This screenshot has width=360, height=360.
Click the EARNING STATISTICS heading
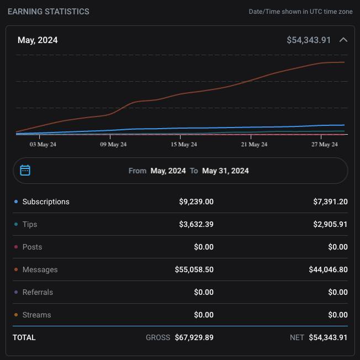48,12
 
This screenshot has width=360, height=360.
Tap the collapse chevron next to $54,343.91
343,40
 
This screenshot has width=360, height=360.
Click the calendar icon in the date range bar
25,170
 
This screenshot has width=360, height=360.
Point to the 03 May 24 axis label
43,144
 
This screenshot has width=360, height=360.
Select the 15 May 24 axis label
184,144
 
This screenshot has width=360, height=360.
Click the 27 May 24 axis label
325,144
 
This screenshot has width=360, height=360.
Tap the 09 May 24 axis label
113,144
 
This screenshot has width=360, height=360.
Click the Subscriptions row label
46,202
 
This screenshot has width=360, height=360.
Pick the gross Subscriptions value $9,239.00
196,202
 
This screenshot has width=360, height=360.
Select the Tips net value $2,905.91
330,224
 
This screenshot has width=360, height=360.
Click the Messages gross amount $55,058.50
194,269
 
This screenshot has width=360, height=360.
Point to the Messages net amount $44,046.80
328,269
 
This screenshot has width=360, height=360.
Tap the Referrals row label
38,292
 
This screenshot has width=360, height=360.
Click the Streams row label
36,315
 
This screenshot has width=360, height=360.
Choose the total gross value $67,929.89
194,337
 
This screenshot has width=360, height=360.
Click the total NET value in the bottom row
328,337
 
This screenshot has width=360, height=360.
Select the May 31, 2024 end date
225,171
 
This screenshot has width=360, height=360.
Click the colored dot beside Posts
16,247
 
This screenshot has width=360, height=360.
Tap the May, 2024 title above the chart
38,40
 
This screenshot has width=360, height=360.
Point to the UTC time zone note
300,12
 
